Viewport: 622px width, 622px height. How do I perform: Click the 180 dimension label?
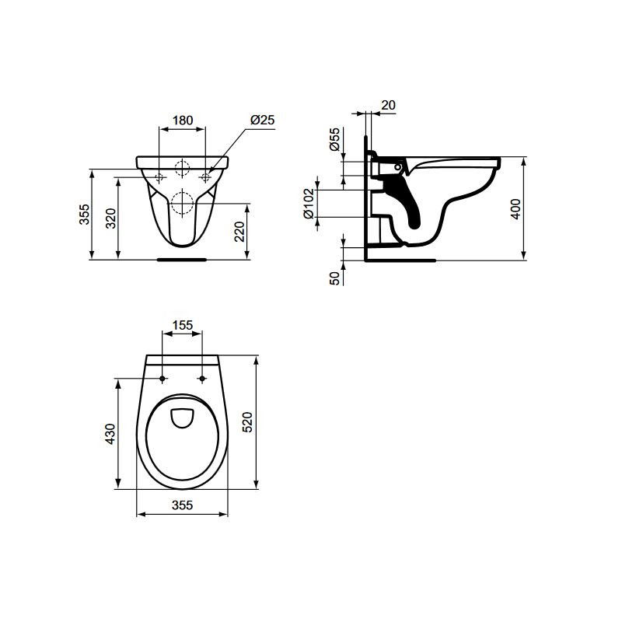(182, 121)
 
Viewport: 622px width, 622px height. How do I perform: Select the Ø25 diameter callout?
(263, 120)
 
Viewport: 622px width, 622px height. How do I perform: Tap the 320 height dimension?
(110, 218)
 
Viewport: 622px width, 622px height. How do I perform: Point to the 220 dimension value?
(240, 232)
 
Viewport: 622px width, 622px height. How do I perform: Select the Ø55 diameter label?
(334, 140)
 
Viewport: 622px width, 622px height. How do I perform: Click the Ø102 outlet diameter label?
(309, 203)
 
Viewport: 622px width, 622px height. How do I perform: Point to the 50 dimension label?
(335, 278)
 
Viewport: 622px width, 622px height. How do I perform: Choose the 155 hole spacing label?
(182, 327)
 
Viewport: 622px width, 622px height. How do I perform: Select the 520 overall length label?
(246, 422)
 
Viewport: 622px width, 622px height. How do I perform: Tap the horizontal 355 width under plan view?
(182, 505)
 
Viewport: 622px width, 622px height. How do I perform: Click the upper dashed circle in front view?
(183, 168)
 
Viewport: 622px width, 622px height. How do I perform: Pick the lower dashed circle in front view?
(182, 201)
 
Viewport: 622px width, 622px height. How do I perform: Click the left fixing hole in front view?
(159, 178)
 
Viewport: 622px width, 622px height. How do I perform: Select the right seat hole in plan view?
(202, 379)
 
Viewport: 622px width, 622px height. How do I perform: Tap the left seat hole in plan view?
(162, 379)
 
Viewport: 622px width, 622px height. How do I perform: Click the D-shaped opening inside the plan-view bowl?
(182, 418)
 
